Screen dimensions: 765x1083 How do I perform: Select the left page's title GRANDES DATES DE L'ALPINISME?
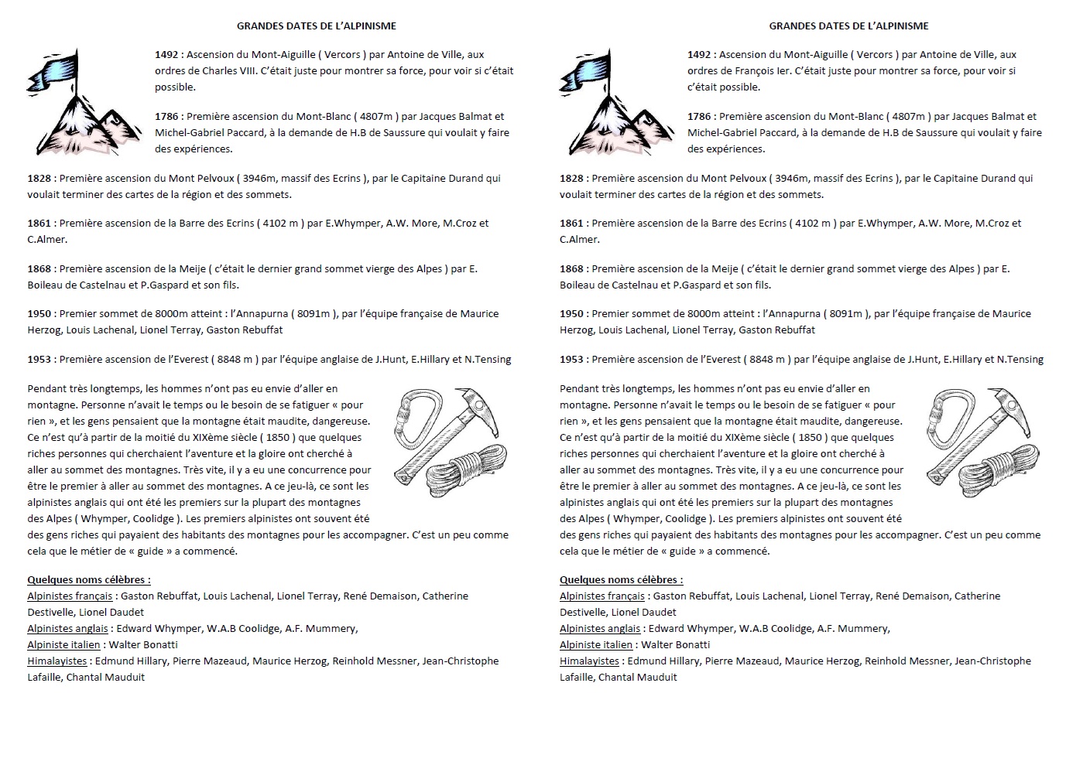[x=316, y=26]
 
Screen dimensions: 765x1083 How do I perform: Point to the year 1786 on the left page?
[x=167, y=117]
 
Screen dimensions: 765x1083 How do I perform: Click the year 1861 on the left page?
[x=39, y=224]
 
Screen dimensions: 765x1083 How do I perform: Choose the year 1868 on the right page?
[x=571, y=269]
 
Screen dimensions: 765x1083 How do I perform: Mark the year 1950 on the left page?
[x=39, y=314]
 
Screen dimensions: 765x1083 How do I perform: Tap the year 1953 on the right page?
[x=571, y=360]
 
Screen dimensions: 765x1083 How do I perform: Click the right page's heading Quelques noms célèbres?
[x=621, y=580]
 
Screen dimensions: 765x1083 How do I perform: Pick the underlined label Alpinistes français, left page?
[x=69, y=596]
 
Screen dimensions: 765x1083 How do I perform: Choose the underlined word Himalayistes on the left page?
[x=57, y=661]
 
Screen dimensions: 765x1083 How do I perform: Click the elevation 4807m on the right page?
[x=908, y=117]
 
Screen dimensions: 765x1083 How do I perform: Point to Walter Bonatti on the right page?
[x=675, y=645]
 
